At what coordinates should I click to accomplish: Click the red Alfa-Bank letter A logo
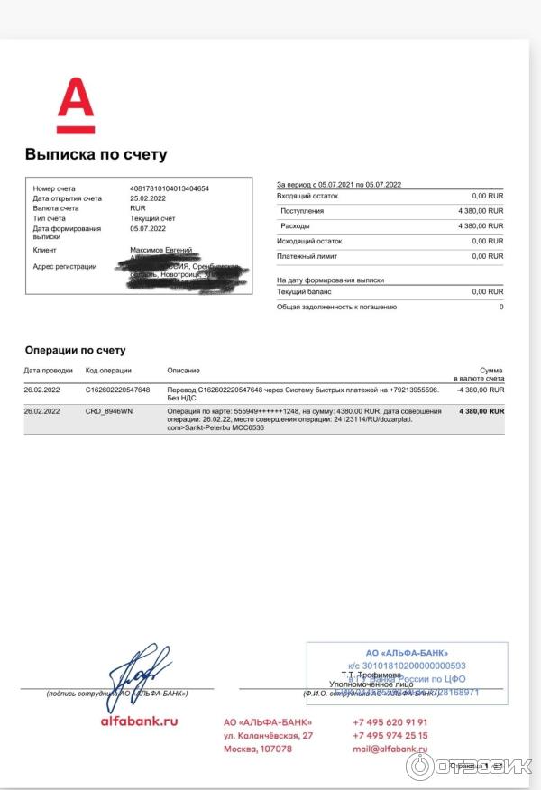(76, 106)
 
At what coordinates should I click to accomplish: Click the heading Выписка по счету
(96, 155)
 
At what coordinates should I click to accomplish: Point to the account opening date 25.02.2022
(149, 198)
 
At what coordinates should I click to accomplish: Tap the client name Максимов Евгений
(161, 249)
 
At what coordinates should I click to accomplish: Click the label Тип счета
(50, 218)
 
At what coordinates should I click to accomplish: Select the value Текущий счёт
(153, 218)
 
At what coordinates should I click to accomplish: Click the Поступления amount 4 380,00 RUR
(481, 210)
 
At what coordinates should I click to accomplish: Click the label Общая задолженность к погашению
(338, 307)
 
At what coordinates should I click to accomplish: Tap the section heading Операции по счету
(75, 350)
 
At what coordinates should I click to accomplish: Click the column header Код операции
(108, 371)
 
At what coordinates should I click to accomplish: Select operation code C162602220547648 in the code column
(118, 390)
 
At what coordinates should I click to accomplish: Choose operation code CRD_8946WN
(109, 411)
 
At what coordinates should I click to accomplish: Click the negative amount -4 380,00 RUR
(481, 390)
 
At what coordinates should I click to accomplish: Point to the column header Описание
(184, 371)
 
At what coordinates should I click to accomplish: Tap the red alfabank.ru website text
(139, 721)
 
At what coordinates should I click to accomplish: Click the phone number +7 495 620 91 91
(390, 722)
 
